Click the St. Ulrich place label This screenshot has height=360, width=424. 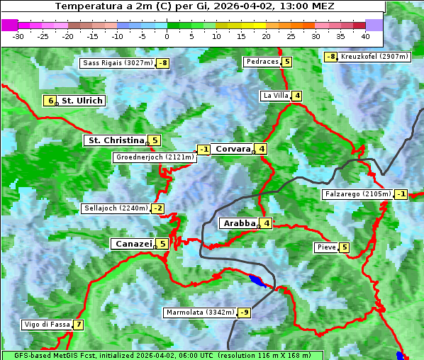coord(82,101)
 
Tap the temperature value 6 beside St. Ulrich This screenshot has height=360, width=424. coord(49,101)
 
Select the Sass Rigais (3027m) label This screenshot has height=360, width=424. coord(118,63)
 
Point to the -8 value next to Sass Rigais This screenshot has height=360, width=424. coord(163,63)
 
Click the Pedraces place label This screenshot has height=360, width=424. coord(262,62)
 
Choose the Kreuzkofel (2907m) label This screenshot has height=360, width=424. coord(374,57)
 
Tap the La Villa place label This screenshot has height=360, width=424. coord(275,96)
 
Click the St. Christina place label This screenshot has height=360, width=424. coord(115,140)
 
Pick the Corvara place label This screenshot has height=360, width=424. coord(233,149)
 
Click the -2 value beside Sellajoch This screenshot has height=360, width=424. coord(157,208)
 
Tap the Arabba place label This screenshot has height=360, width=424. coord(239,223)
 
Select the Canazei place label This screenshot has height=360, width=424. coord(133,244)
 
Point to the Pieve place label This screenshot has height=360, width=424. coord(326,247)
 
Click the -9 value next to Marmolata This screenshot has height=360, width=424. coord(244,313)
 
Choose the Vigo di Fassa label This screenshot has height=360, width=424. coord(47,325)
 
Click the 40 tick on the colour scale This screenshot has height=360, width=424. coord(365,35)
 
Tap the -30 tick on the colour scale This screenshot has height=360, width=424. coord(18,35)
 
